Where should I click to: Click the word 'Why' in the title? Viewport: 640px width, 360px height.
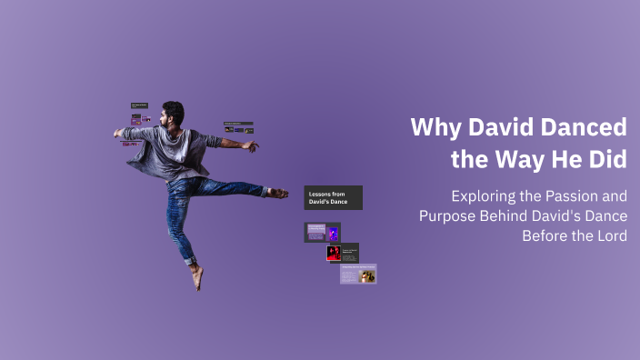coord(432,126)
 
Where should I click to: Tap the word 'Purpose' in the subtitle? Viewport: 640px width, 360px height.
coord(451,215)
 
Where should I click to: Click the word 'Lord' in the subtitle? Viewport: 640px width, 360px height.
coord(609,235)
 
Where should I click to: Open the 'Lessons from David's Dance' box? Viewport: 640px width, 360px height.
coord(333,197)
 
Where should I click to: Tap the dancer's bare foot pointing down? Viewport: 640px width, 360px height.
coord(197,277)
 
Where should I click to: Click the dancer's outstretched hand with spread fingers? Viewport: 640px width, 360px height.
coord(250,145)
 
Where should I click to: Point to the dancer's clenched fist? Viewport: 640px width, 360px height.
coord(119,133)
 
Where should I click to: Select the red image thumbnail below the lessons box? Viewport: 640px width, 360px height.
coord(335,253)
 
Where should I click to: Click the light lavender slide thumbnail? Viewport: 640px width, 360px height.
coord(358,274)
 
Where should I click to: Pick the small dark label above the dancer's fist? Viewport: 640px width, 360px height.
coord(139,105)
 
